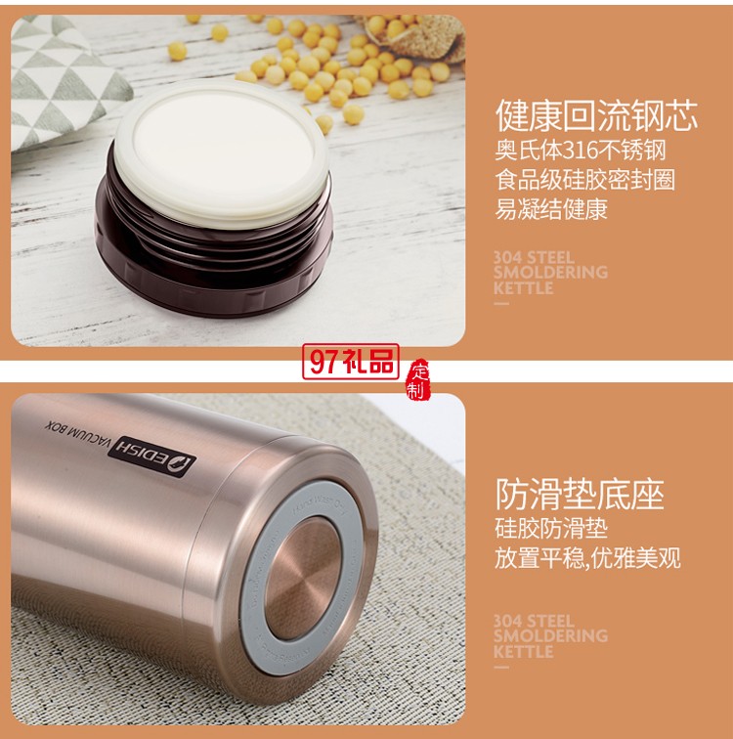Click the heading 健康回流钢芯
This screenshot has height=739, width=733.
point(596,116)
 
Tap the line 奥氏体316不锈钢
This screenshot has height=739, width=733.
point(580,152)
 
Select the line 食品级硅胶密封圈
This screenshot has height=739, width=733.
point(584,180)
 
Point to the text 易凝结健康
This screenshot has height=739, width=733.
point(550,208)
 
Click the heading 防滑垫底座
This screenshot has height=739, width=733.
point(579,495)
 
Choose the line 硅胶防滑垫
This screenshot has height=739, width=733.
point(550,530)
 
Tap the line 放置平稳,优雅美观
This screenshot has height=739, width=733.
point(586,558)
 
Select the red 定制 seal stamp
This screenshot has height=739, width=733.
point(418,380)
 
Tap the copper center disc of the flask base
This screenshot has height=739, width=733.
point(302,577)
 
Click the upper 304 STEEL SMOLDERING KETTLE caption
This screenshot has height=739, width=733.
point(549,273)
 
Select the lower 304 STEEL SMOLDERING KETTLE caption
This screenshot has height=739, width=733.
point(549,636)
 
